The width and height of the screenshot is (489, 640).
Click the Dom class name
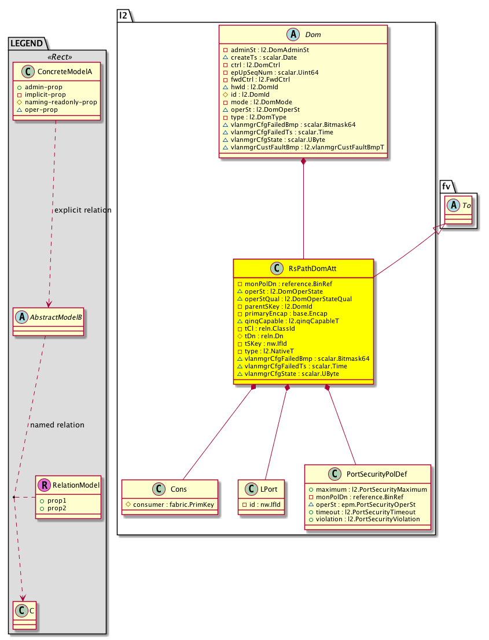coord(313,35)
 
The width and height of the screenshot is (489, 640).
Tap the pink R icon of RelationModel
coord(43,485)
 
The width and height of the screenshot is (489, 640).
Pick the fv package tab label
coord(446,186)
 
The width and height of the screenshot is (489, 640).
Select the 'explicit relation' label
coord(82,210)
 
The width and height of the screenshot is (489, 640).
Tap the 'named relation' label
coord(57,425)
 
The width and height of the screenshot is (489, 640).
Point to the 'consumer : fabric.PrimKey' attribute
coord(173,504)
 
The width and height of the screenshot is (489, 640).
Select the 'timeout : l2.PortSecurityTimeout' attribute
coord(370,512)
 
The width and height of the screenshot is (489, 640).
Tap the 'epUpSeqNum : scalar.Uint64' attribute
coord(273,72)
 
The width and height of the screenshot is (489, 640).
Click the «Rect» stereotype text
coord(57,56)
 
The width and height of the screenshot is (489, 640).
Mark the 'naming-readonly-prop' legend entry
coord(60,101)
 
